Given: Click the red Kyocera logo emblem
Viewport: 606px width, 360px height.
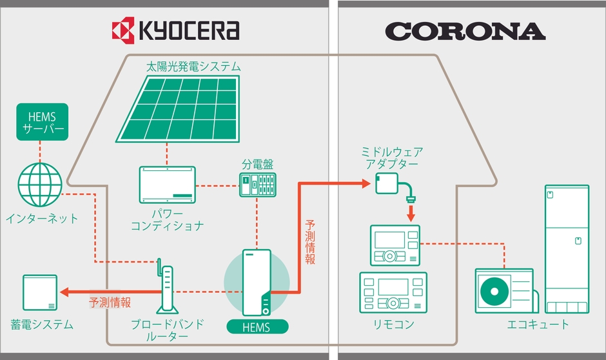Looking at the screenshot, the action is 123,30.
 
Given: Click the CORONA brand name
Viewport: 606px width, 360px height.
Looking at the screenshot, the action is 465,32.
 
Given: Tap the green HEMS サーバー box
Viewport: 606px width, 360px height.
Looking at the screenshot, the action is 42,122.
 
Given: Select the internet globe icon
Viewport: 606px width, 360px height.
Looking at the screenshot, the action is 40,185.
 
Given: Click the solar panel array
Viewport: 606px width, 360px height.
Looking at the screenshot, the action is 178,108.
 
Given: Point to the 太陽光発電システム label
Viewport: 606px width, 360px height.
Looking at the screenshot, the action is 193,66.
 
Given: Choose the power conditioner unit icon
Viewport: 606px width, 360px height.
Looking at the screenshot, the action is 168,185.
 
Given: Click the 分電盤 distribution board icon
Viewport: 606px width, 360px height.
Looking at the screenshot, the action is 258,185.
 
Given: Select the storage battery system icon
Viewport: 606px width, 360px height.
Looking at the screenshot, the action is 40,293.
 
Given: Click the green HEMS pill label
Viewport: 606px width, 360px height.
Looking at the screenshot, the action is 257,326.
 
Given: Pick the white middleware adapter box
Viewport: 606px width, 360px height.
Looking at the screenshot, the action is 387,183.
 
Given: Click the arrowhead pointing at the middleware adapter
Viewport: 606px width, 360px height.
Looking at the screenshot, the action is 366,183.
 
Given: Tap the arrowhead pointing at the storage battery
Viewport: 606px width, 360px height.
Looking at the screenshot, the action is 64,292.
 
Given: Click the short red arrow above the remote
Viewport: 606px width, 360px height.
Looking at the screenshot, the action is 411,212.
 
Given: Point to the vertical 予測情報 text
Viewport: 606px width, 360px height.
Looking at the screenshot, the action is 310,242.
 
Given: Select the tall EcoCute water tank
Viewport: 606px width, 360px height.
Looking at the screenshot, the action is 567,249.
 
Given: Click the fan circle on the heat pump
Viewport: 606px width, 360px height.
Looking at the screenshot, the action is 494,291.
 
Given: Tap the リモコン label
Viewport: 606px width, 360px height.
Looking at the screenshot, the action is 393,325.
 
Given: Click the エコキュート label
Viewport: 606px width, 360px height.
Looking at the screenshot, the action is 538,325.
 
